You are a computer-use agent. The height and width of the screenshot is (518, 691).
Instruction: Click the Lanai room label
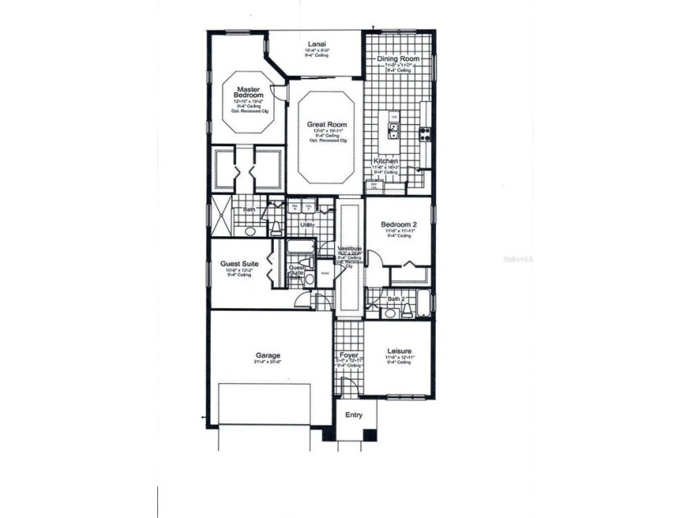315,44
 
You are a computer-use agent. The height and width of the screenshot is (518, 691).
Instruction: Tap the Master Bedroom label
248,92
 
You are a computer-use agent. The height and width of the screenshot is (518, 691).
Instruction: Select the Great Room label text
327,124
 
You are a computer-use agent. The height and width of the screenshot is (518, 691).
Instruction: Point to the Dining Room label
398,59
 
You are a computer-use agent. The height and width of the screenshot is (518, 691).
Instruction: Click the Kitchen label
386,160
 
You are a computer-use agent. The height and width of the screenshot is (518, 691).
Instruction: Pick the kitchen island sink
394,127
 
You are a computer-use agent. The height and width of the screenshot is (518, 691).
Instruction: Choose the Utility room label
308,224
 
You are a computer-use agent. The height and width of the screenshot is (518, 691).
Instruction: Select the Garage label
267,356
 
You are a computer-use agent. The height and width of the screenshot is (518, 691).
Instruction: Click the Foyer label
349,354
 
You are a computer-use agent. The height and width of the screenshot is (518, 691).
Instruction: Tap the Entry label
354,414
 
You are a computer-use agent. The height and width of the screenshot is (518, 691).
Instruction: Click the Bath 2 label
397,298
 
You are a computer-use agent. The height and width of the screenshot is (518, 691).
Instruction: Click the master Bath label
248,210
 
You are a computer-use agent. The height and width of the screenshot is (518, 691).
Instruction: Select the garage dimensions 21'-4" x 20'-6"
267,363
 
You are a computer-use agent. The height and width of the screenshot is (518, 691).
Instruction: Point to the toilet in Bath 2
392,311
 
